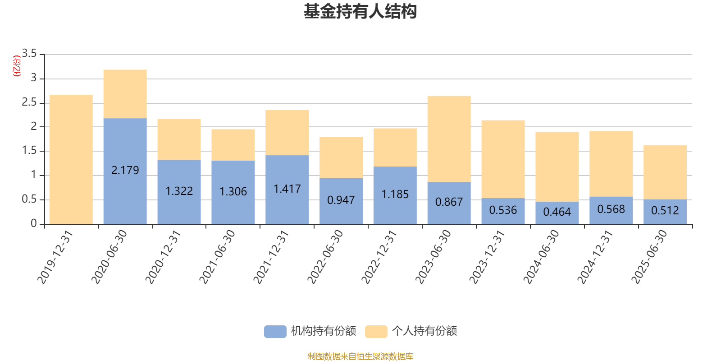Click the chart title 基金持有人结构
click(360, 12)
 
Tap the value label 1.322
click(179, 191)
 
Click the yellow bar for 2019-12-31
click(71, 159)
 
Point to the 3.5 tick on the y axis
click(29, 54)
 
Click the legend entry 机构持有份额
click(310, 331)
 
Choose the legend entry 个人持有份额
click(411, 331)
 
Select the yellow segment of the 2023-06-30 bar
click(449, 139)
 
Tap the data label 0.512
click(665, 211)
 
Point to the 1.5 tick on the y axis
click(29, 151)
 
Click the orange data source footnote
click(360, 356)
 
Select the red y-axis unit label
click(17, 66)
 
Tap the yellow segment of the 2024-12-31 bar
click(611, 163)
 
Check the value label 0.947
click(341, 200)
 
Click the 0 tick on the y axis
click(34, 223)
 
